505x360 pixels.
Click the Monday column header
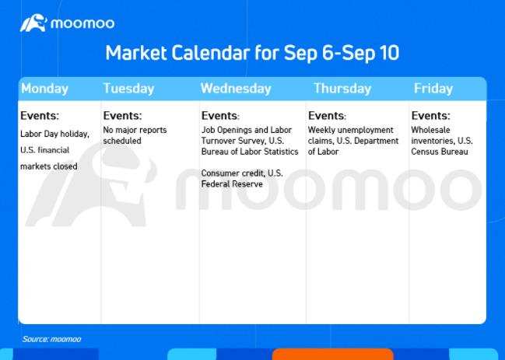(x=45, y=89)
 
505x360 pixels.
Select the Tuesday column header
(x=129, y=89)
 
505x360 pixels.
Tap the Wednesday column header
(x=236, y=89)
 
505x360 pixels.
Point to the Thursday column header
(x=342, y=89)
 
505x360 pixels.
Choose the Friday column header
(x=433, y=89)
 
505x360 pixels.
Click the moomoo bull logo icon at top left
(x=33, y=23)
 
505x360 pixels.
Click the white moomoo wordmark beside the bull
(x=82, y=23)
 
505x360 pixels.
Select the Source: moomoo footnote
(x=51, y=339)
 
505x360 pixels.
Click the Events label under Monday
(x=40, y=116)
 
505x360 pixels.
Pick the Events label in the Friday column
(x=430, y=116)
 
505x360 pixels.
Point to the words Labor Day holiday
(x=54, y=134)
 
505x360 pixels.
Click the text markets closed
(x=48, y=166)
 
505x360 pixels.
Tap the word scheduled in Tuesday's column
(x=122, y=141)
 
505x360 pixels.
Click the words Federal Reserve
(x=232, y=184)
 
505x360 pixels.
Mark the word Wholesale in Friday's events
(x=430, y=130)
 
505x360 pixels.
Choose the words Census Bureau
(x=440, y=152)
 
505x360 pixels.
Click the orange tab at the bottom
(x=332, y=355)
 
